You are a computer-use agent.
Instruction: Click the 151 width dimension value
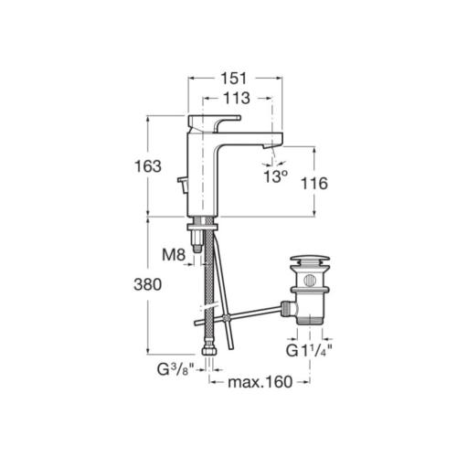(x=234, y=79)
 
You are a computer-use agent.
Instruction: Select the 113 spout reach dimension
(x=237, y=98)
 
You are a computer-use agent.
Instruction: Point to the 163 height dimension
(x=148, y=166)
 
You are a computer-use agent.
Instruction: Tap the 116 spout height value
(x=314, y=184)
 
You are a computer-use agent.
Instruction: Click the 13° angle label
(x=275, y=176)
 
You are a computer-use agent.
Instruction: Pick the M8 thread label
(x=174, y=254)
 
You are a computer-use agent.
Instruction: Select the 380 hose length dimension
(x=148, y=285)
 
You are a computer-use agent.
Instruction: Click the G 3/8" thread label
(x=175, y=369)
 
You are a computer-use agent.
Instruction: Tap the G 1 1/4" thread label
(x=309, y=350)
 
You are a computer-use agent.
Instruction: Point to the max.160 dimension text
(x=260, y=382)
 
